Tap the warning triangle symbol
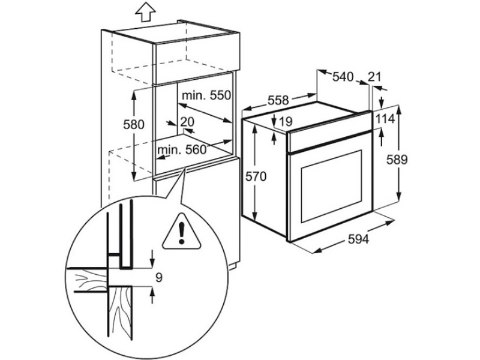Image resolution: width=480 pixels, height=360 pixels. (x=182, y=231)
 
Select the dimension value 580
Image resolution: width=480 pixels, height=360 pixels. (x=134, y=125)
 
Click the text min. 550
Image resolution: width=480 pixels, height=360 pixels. (x=206, y=95)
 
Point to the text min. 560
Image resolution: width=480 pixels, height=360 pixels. (x=182, y=149)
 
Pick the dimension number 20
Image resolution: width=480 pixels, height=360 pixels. (x=187, y=122)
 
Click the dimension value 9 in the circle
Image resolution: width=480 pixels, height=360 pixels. (x=159, y=278)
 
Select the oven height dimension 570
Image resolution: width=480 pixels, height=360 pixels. (x=256, y=176)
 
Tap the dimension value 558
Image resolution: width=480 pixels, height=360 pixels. (x=278, y=100)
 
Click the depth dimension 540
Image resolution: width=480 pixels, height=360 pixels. (x=343, y=77)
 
